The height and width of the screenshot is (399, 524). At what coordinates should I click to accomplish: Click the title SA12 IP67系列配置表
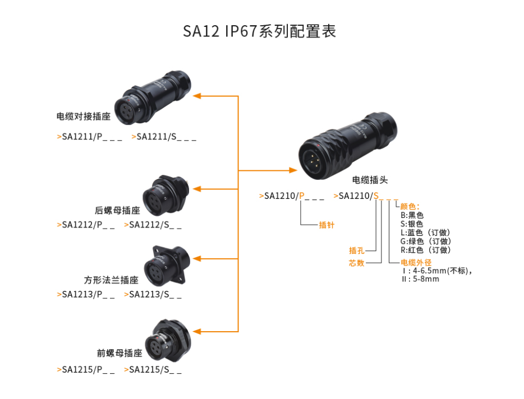click(x=259, y=31)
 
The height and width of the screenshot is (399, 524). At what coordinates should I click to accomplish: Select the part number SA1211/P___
click(x=90, y=137)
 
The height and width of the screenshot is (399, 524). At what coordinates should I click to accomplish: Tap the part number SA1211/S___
click(x=164, y=137)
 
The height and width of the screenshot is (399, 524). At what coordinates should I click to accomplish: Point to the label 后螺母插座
click(x=117, y=211)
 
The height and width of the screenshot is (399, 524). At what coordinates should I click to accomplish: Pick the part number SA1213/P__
click(x=86, y=294)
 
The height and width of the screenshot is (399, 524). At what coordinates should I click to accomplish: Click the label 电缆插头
click(x=370, y=180)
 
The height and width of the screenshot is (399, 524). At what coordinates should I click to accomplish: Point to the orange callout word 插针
click(x=327, y=225)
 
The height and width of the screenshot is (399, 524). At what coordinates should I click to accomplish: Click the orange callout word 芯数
click(x=357, y=263)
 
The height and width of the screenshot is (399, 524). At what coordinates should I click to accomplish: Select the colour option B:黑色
click(x=412, y=215)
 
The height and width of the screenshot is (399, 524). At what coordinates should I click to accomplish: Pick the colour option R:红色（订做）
click(x=425, y=250)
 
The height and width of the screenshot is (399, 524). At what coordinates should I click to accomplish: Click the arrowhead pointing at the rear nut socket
click(x=197, y=188)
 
